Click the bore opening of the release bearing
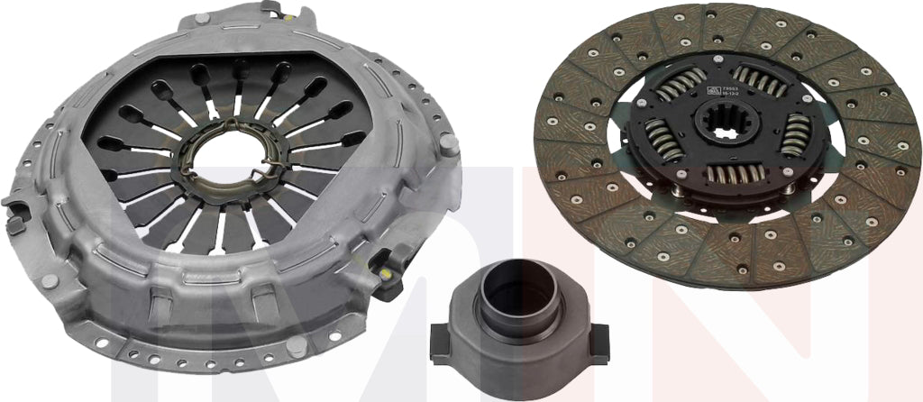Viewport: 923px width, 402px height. (508, 288)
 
